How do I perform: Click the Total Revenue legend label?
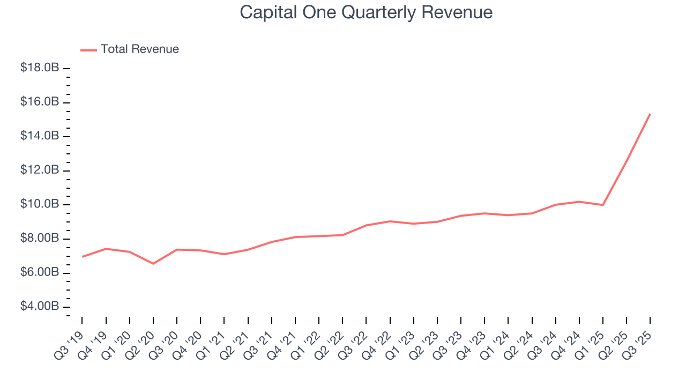139,49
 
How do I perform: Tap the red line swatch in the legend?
88,50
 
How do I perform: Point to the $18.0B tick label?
39,68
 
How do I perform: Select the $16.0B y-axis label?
39,102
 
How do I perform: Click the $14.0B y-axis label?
39,136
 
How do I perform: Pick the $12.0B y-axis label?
39,170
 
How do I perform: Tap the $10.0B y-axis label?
39,204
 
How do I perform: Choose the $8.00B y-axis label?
39,239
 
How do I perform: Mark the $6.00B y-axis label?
39,272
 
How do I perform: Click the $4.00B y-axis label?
39,307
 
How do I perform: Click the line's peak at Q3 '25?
650,114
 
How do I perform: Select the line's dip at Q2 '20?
153,263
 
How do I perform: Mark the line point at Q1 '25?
603,205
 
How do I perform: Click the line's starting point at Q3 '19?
82,257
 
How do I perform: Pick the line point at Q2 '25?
627,161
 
